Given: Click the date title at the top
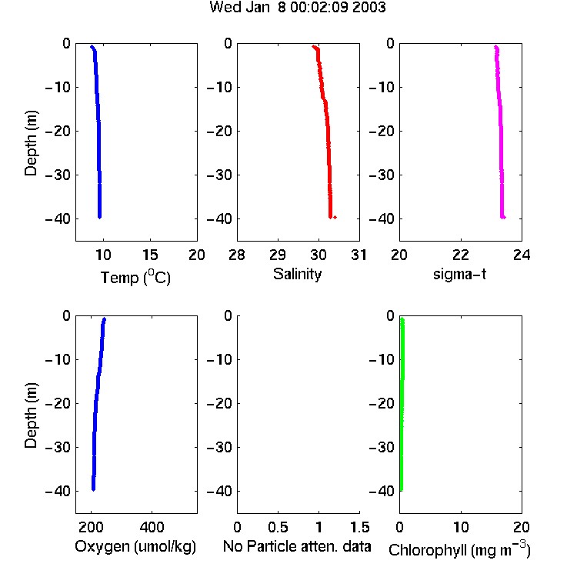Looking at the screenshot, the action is tap(297, 7).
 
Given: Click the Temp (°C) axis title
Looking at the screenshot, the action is tap(135, 277).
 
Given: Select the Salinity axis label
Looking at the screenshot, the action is tap(297, 274).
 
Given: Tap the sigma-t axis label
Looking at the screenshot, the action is tap(459, 274).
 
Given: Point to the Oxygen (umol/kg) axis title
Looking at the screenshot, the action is tap(135, 546).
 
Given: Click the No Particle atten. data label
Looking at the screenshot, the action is tap(297, 546).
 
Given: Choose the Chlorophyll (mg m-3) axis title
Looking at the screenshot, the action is tap(459, 549).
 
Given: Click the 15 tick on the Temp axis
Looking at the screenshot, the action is tap(150, 255).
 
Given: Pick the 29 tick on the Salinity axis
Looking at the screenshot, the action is tap(278, 255).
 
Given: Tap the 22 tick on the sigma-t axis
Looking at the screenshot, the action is tap(461, 255).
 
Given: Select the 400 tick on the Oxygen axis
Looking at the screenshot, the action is tap(152, 527).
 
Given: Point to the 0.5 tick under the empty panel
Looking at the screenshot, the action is tap(278, 527).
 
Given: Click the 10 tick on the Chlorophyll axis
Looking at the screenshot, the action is tap(461, 527).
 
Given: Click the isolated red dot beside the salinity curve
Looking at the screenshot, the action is tap(335, 217).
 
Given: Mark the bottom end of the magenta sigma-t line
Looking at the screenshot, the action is tap(503, 217).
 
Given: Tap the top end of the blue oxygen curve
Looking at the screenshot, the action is tap(105, 319).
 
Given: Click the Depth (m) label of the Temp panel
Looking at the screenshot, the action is tap(31, 143).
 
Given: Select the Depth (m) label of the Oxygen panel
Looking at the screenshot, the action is tap(31, 415).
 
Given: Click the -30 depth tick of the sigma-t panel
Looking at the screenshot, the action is tap(382, 175).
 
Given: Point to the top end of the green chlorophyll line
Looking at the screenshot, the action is tap(402, 319).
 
